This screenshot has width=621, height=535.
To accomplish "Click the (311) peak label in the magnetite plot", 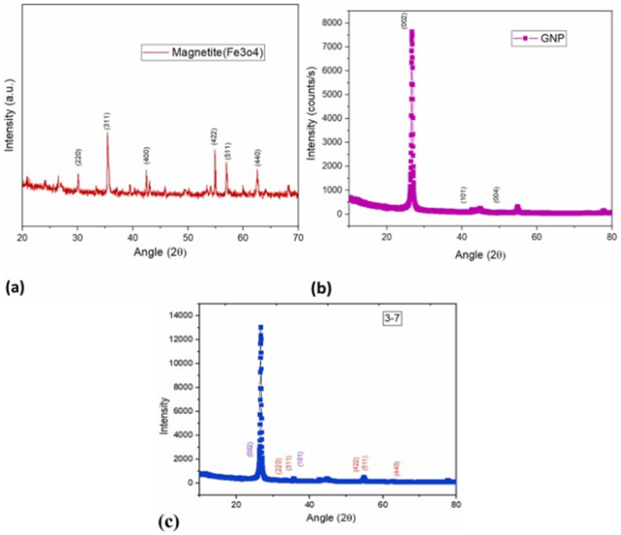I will coord(107,119).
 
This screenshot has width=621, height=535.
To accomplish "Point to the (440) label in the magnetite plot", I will coord(257,156).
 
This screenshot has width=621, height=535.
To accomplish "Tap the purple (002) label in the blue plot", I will coord(250,449).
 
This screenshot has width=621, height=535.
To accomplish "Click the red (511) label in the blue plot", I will coord(365,463).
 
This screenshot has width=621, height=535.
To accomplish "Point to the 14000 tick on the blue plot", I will coord(181,315).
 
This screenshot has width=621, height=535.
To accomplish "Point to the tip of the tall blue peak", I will coord(261,327).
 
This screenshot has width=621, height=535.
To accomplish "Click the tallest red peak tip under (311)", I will coord(107,134).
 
